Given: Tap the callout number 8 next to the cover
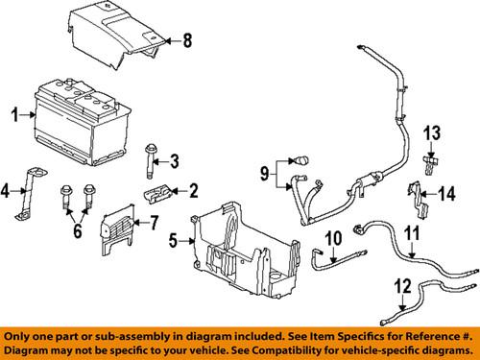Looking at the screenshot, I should click(189, 40).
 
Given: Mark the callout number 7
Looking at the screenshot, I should click(151, 223).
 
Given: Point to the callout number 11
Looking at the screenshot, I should click(411, 234).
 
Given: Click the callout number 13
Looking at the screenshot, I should click(432, 132).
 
